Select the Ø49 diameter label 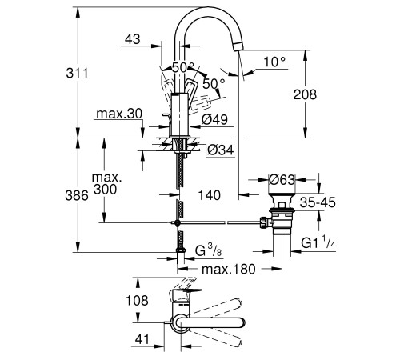[x=214, y=121]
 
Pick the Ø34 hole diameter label [x=221, y=150]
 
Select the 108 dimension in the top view [x=137, y=301]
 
